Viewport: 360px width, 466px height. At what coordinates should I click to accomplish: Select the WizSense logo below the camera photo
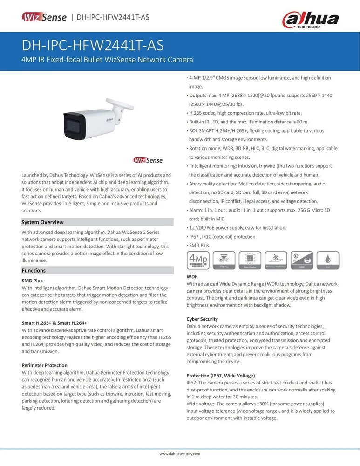pos(148,160)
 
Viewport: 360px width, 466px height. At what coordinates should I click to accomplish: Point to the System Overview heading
pos(43,222)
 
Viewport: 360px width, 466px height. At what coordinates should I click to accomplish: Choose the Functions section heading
pos(34,270)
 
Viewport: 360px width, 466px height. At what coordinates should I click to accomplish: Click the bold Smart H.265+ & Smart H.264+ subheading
pos(54,322)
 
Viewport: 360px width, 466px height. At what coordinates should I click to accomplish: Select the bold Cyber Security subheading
pos(202,319)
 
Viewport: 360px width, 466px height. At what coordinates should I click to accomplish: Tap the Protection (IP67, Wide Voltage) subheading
pos(220,375)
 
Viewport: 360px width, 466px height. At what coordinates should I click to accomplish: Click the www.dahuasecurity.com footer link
pos(180,453)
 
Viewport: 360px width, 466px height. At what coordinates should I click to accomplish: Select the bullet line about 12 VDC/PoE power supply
pos(238,228)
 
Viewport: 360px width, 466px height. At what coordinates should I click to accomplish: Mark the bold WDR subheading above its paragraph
pos(192,277)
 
